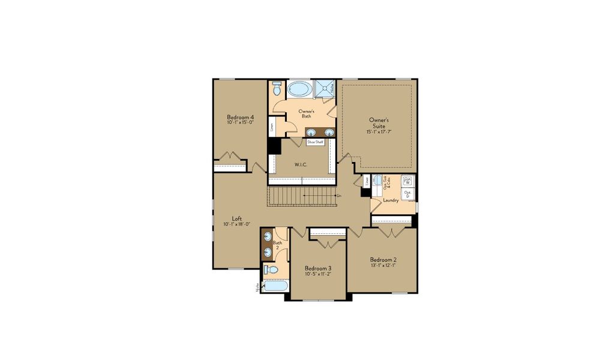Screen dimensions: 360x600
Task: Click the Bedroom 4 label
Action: pyautogui.click(x=240, y=117)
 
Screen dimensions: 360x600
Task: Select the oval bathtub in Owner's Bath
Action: pyautogui.click(x=299, y=90)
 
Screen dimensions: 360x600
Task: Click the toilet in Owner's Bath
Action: pyautogui.click(x=276, y=89)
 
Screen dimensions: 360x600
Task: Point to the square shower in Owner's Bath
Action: pyautogui.click(x=325, y=88)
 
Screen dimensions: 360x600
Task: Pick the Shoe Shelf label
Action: pyautogui.click(x=315, y=142)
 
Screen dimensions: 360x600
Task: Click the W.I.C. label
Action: pyautogui.click(x=301, y=164)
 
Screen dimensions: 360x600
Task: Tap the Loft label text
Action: pyautogui.click(x=237, y=218)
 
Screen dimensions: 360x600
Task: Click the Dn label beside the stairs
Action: pyautogui.click(x=339, y=196)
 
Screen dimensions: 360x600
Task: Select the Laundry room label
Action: pyautogui.click(x=391, y=200)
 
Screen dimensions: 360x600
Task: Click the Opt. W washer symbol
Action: pyautogui.click(x=407, y=181)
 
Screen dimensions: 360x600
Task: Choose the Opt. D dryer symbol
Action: pyautogui.click(x=407, y=193)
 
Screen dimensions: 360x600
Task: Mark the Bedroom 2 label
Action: pyautogui.click(x=383, y=260)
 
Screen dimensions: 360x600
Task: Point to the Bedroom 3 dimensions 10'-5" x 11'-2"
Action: pyautogui.click(x=318, y=274)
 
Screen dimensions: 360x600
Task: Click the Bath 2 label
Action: pyautogui.click(x=277, y=245)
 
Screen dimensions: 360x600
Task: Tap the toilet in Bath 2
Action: pyautogui.click(x=270, y=269)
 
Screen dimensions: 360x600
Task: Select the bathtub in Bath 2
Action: pyautogui.click(x=272, y=287)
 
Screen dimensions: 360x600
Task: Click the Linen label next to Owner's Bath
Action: pyautogui.click(x=272, y=127)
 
